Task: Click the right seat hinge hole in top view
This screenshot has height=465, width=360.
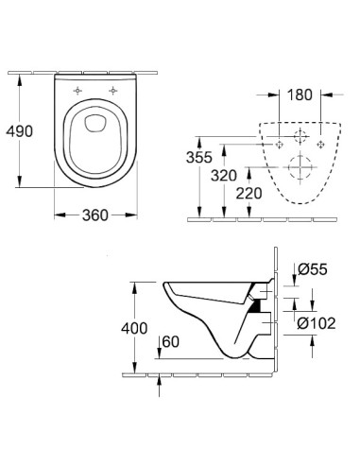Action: (x=113, y=90)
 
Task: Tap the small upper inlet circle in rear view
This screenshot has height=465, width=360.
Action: (x=301, y=137)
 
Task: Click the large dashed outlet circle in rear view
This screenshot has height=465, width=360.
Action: (x=301, y=173)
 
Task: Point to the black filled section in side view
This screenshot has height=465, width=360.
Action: (x=254, y=305)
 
